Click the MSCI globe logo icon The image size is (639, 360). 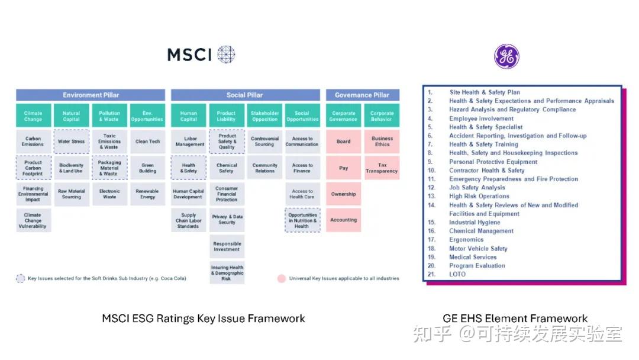click(x=226, y=54)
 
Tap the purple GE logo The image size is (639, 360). click(x=506, y=56)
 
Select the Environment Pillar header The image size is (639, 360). click(x=91, y=95)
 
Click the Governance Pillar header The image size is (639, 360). click(x=362, y=95)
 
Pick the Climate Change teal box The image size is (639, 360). click(x=33, y=115)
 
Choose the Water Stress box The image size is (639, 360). click(x=71, y=142)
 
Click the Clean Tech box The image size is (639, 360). click(x=147, y=142)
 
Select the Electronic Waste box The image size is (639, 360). click(x=109, y=194)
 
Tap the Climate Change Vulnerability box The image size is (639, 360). click(x=33, y=220)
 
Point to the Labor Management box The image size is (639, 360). click(x=189, y=142)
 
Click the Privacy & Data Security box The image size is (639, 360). click(x=227, y=220)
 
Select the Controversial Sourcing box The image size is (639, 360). click(x=264, y=142)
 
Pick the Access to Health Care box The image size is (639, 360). click(x=302, y=194)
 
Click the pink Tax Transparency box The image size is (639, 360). click(x=382, y=168)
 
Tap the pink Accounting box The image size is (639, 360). click(x=344, y=220)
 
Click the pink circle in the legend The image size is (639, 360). click(x=282, y=278)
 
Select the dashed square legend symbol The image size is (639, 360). click(x=20, y=278)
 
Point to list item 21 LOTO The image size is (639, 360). click(x=457, y=274)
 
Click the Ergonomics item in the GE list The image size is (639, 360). click(x=466, y=240)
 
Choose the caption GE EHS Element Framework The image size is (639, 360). click(x=515, y=319)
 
